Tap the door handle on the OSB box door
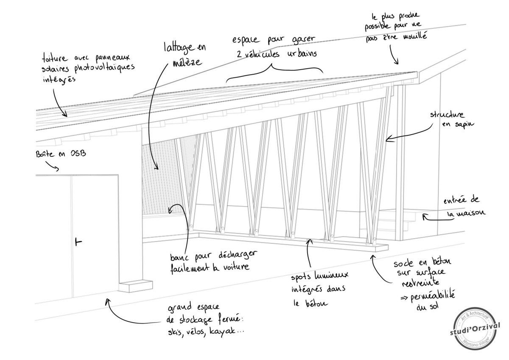point(77,242)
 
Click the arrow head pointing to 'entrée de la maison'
point(424,217)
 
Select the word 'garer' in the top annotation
point(302,41)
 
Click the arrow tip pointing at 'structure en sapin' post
point(387,138)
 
